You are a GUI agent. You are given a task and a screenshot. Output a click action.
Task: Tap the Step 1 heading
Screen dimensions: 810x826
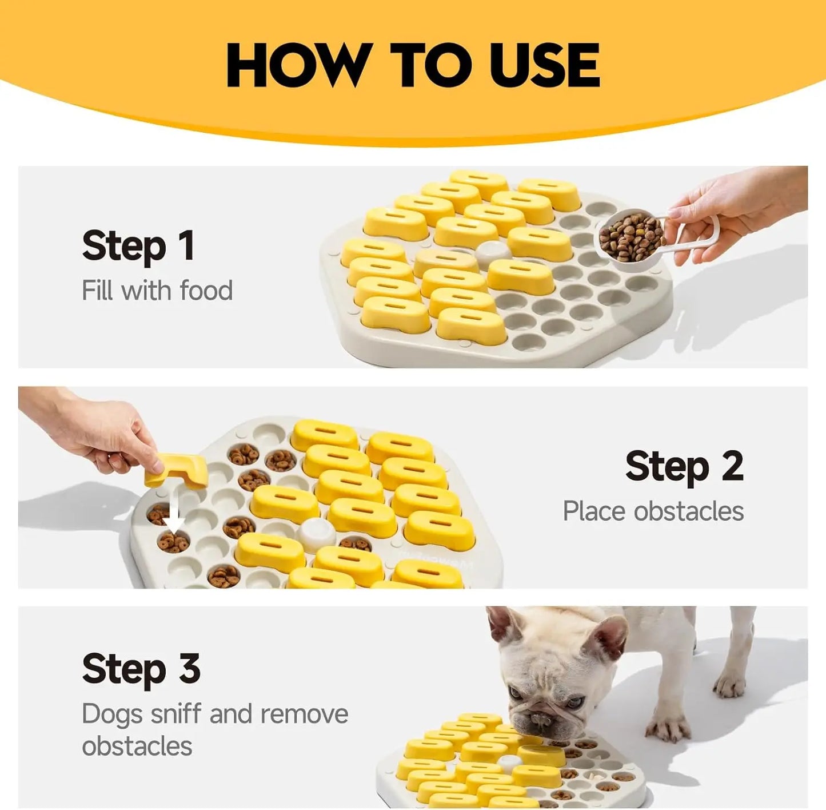138,246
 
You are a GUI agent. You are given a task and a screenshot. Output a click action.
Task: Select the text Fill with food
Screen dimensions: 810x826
157,291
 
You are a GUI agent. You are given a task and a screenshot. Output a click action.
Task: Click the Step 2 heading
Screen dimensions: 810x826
684,467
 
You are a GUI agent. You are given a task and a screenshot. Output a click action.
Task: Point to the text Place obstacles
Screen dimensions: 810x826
653,511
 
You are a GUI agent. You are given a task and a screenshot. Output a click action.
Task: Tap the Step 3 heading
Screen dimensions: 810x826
141,669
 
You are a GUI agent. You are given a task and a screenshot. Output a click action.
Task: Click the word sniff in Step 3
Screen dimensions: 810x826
175,714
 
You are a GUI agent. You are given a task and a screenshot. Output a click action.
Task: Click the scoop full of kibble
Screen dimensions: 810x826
631,236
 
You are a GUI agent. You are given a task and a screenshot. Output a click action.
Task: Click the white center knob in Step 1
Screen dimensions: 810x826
493,251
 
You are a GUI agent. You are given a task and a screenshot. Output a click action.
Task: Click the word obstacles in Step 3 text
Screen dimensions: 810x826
137,747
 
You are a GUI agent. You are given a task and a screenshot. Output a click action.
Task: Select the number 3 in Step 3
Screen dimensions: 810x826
189,669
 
